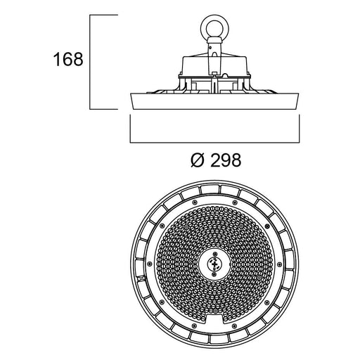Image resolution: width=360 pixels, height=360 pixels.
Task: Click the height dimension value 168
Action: point(68,59)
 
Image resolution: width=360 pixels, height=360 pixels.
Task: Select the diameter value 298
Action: point(226,160)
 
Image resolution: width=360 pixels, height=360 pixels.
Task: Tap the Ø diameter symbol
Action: point(197,160)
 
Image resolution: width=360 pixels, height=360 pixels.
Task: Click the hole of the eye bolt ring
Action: point(214,28)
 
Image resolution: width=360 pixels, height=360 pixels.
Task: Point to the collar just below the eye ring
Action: point(214,40)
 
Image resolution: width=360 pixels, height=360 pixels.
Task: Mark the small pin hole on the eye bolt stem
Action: point(210,48)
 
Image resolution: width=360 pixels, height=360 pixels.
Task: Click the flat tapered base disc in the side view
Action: point(214,101)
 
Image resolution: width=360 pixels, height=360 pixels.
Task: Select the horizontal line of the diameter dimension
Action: point(214,142)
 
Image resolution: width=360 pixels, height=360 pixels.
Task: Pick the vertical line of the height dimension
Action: point(90,62)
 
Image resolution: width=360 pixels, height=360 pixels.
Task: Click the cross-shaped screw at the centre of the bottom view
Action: point(214,264)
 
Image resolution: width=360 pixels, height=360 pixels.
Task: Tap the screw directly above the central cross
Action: point(214,254)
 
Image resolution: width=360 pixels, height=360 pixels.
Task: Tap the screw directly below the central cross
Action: point(214,274)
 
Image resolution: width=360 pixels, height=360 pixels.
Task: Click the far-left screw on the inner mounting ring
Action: point(149,264)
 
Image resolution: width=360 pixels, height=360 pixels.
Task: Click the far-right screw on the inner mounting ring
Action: point(279,264)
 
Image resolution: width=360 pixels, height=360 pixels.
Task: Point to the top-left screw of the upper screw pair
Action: point(194,202)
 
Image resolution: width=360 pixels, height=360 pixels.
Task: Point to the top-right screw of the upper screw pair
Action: point(234,202)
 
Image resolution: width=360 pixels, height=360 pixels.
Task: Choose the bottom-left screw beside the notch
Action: point(194,326)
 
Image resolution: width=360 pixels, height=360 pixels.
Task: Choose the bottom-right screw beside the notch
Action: point(234,326)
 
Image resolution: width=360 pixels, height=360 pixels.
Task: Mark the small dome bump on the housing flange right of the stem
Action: point(225,75)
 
